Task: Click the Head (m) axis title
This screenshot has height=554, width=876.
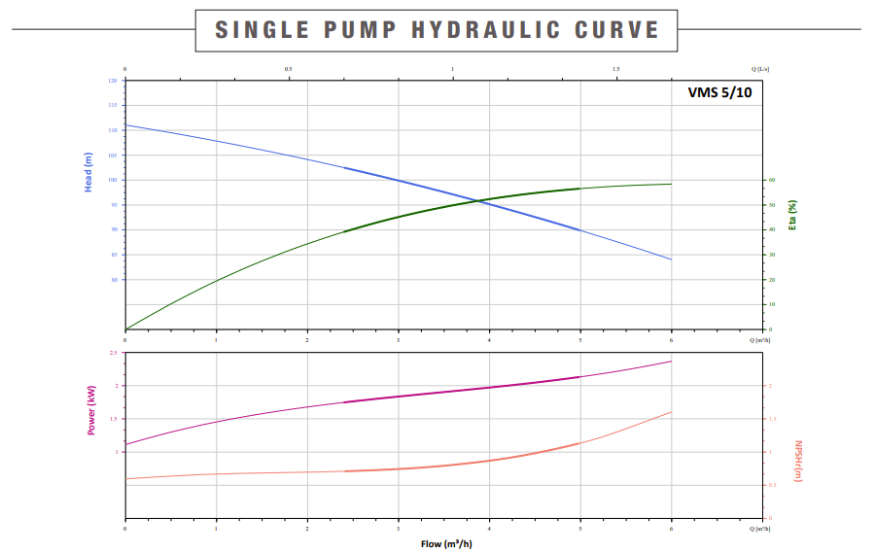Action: tap(88, 172)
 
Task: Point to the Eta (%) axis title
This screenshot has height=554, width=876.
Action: tap(792, 215)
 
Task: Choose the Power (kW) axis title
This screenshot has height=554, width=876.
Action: tap(91, 410)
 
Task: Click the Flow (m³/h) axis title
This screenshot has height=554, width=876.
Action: tap(445, 542)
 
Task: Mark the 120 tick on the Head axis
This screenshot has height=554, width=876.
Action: tap(114, 81)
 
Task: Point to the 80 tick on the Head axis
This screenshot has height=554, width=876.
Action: tap(115, 280)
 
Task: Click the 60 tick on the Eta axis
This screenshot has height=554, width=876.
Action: tap(772, 180)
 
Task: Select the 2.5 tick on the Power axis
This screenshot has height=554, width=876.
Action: tap(114, 353)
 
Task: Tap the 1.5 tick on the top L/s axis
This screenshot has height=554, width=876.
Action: tap(616, 70)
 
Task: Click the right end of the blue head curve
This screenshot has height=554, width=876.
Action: tap(671, 260)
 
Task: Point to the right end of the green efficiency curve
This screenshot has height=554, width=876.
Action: tap(671, 184)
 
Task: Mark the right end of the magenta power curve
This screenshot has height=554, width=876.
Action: tap(671, 362)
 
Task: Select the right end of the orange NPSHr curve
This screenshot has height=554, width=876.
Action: tap(671, 412)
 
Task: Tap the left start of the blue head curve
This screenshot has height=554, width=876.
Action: tap(125, 125)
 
